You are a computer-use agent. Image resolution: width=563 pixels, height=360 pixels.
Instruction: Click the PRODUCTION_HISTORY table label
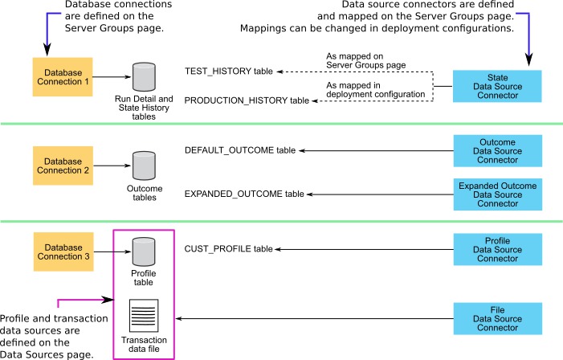247,100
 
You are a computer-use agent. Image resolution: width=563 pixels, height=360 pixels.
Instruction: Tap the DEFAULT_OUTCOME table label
240,150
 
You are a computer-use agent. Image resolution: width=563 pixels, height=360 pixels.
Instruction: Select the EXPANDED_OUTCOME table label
244,194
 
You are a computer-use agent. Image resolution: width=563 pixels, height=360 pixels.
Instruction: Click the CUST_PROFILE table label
229,249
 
